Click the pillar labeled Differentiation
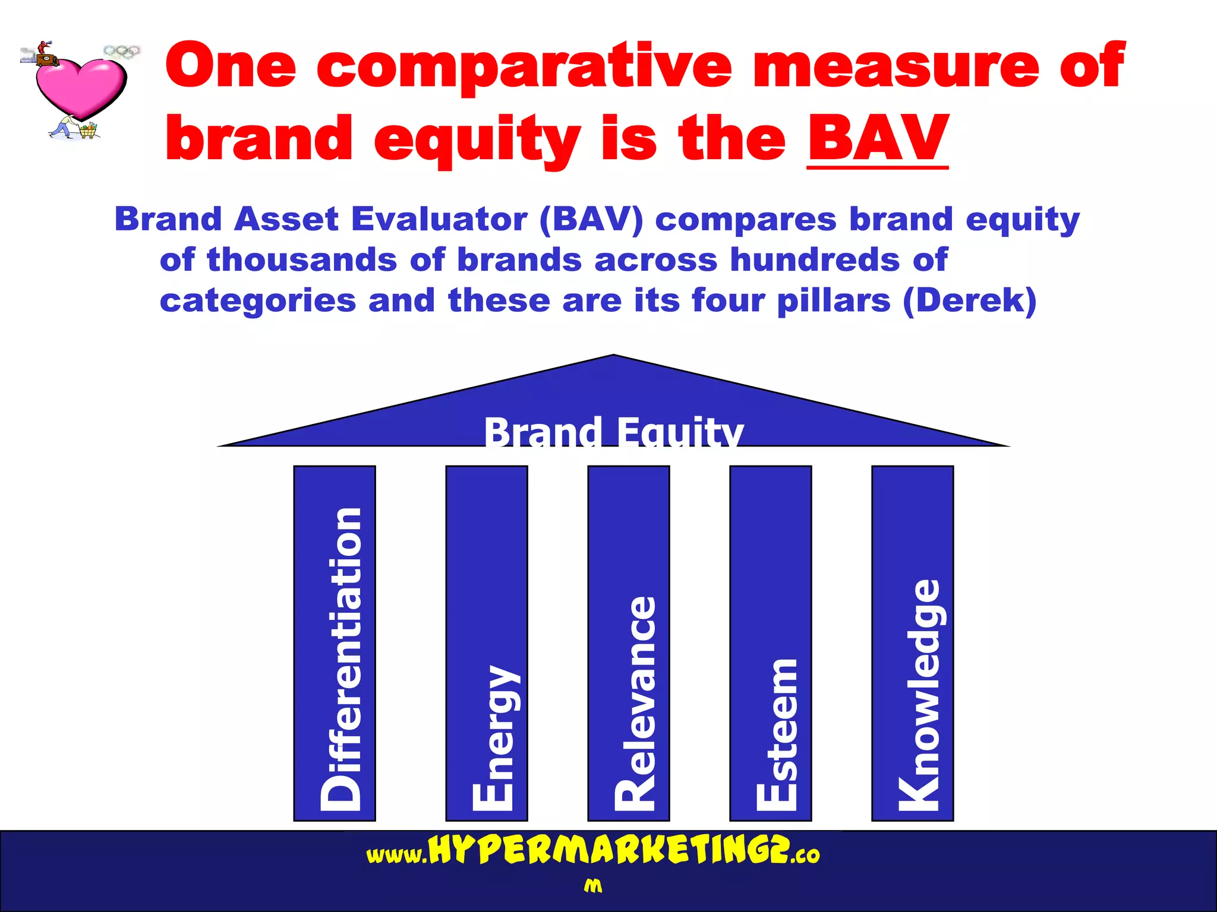point(335,643)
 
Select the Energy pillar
point(487,643)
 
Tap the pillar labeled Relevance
point(629,643)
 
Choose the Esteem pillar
point(771,643)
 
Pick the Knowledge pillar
point(913,643)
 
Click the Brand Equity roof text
point(613,431)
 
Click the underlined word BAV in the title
point(878,139)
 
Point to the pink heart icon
point(80,87)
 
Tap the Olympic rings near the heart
point(122,52)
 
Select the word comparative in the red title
point(524,66)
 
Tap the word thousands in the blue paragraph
point(301,260)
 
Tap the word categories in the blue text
point(258,301)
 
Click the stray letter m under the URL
point(592,886)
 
